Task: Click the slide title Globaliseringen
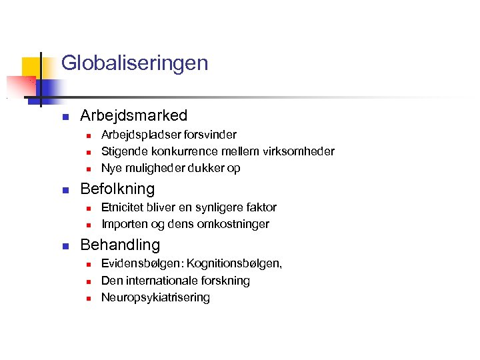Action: click(134, 63)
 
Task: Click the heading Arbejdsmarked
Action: click(133, 115)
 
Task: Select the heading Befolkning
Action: click(117, 189)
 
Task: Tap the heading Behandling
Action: click(120, 245)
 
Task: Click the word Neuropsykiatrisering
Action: click(155, 297)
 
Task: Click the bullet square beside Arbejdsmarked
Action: click(65, 117)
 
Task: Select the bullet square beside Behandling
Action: click(65, 246)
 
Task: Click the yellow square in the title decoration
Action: click(31, 67)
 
